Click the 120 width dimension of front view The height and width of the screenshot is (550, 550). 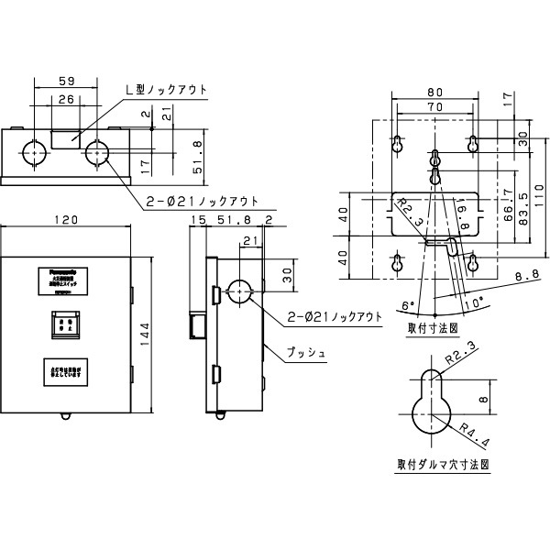[x=64, y=221]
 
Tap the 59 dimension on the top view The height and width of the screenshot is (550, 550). [x=64, y=80]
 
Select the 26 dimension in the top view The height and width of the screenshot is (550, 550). [x=64, y=99]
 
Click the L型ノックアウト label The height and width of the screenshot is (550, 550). [x=165, y=90]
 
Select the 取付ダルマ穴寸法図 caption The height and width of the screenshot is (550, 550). [x=442, y=465]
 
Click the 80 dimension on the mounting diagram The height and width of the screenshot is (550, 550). [x=434, y=92]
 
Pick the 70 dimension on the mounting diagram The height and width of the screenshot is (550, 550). [x=434, y=107]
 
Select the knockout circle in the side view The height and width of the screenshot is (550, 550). [x=238, y=291]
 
